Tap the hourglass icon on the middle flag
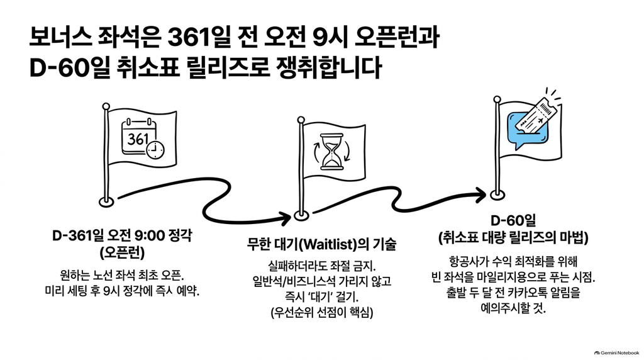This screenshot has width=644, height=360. pyautogui.click(x=331, y=151)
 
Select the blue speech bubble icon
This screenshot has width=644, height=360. pyautogui.click(x=526, y=130)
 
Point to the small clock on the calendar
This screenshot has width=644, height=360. pyautogui.click(x=155, y=150)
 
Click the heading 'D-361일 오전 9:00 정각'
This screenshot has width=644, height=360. pyautogui.click(x=122, y=235)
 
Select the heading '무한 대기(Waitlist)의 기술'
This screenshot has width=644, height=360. pyautogui.click(x=321, y=244)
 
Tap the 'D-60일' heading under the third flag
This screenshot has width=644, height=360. pyautogui.click(x=513, y=221)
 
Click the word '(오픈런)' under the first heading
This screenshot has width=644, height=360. pyautogui.click(x=122, y=253)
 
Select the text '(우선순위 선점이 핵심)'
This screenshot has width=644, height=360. pyautogui.click(x=321, y=312)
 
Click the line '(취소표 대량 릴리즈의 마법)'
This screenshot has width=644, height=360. pyautogui.click(x=513, y=238)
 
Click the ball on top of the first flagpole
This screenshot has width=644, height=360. pyautogui.click(x=106, y=106)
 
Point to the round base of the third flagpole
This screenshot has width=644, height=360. pyautogui.click(x=497, y=194)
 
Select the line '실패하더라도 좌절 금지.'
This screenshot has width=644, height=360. pyautogui.click(x=321, y=266)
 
